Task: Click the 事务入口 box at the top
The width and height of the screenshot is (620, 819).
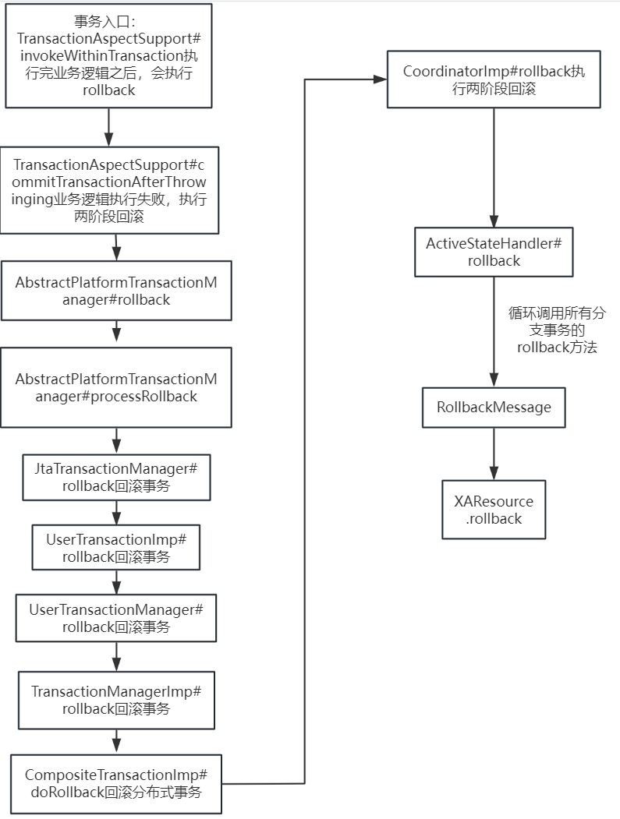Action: coord(108,55)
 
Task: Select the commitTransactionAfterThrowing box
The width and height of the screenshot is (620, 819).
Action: coord(109,189)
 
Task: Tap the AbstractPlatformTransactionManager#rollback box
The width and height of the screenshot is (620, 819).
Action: coord(116,291)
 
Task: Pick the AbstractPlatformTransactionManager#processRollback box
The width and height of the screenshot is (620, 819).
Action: coord(116,387)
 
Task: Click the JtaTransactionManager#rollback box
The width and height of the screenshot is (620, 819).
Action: coord(116,477)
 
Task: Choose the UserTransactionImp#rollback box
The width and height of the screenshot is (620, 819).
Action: coord(116,548)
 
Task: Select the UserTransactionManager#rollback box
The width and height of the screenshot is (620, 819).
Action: coord(116,618)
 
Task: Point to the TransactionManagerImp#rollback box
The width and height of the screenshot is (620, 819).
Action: coord(116,700)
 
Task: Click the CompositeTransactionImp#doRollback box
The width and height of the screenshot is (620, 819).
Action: coord(116,784)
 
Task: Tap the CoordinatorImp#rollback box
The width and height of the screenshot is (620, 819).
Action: coord(494,79)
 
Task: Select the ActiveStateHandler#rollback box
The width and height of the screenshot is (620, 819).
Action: coord(494,252)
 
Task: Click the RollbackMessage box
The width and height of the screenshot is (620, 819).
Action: coord(494,407)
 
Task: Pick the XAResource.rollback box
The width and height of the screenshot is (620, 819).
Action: coord(494,510)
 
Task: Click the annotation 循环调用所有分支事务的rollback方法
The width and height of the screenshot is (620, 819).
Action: coord(557,330)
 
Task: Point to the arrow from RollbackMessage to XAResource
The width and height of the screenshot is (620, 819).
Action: coord(494,453)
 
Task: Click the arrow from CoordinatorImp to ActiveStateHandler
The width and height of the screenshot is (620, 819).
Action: coord(494,168)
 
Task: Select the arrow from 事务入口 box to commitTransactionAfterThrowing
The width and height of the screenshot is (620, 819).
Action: coord(108,126)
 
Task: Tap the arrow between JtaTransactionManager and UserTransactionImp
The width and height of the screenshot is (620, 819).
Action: coord(116,512)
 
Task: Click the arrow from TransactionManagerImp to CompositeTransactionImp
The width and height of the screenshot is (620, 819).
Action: coord(116,741)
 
